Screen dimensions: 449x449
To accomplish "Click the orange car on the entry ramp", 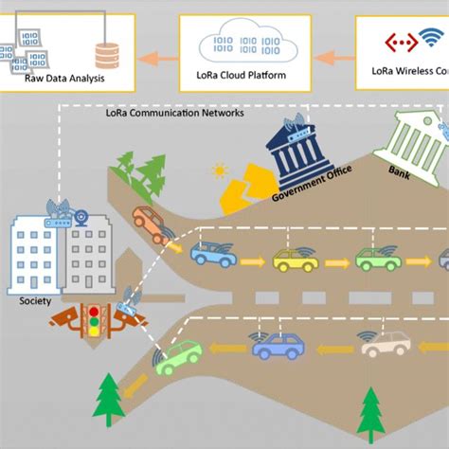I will (x=150, y=224).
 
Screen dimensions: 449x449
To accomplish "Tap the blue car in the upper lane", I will (x=212, y=253).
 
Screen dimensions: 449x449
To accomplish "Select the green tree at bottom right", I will (x=368, y=409).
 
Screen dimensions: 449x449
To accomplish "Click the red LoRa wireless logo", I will (x=395, y=42).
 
